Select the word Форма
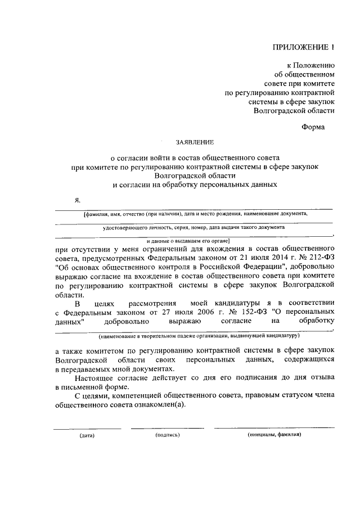313,127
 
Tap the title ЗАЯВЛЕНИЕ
192,143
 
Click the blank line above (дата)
87,429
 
